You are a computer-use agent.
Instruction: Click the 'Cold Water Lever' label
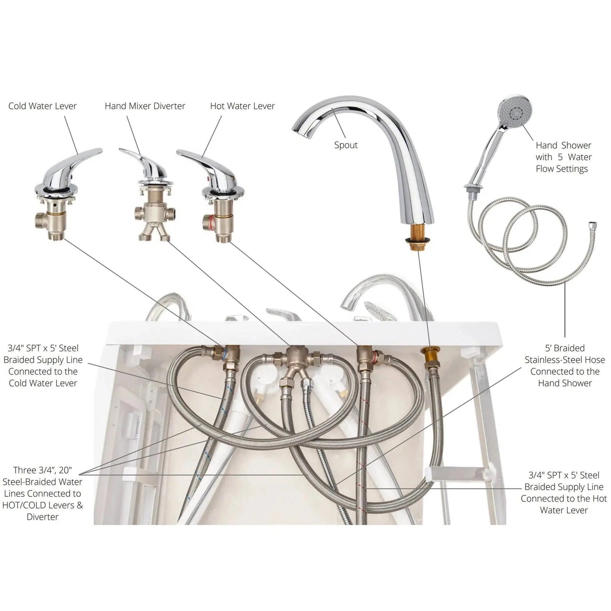point(42,106)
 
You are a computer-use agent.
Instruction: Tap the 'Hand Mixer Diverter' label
point(145,106)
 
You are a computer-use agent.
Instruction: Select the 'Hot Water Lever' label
point(242,106)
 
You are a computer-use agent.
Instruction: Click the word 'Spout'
point(346,145)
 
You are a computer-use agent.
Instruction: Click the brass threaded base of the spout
point(416,235)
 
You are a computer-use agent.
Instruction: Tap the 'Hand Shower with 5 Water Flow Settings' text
point(563,157)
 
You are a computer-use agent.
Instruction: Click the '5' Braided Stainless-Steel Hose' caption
point(564,365)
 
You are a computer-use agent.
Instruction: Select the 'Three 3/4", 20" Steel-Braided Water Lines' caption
point(42,493)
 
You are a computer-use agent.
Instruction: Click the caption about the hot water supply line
point(564,492)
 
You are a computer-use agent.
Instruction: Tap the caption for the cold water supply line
point(43,365)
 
